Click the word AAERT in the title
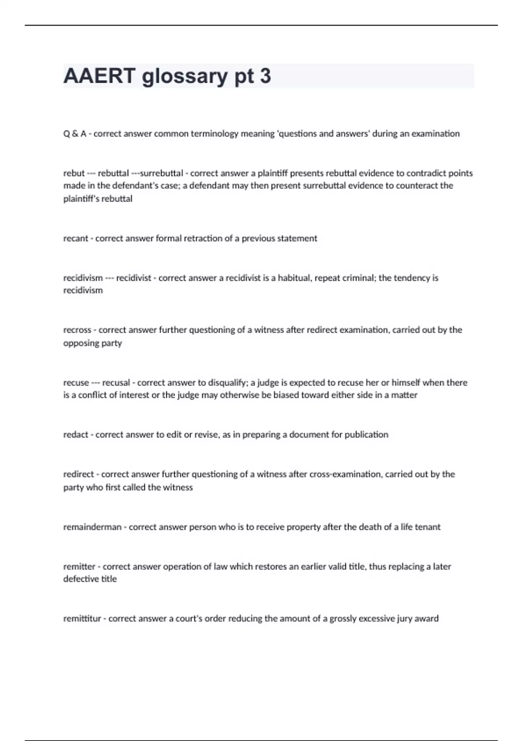[99, 76]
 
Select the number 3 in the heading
[265, 76]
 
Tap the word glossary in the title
[185, 77]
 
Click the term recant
[75, 238]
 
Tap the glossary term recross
[77, 330]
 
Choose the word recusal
[116, 383]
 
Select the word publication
[366, 435]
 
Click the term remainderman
[92, 527]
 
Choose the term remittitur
[82, 619]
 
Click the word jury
[404, 619]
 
